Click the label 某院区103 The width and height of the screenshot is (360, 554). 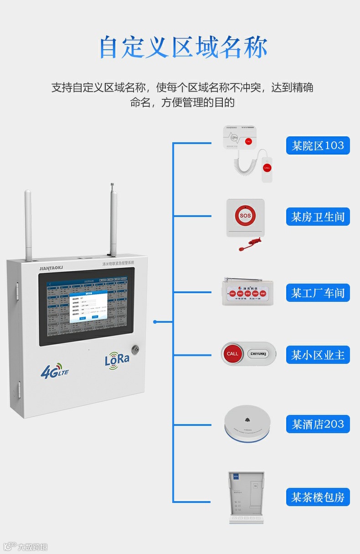318,146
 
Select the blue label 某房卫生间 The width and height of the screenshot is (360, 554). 318,217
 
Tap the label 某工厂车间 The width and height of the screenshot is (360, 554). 318,293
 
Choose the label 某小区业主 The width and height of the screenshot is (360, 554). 318,355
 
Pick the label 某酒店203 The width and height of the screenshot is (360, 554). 318,424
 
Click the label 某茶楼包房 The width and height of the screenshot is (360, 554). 318,497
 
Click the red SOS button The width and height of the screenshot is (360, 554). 245,215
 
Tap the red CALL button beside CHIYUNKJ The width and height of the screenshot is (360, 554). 232,354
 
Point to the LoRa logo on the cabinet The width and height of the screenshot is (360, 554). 117,359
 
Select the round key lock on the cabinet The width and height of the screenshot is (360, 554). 135,349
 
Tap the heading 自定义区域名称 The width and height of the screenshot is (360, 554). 183,47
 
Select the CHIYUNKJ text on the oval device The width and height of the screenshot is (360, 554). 258,354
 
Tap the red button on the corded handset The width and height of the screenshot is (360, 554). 267,168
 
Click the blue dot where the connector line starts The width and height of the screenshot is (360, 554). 155,322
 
